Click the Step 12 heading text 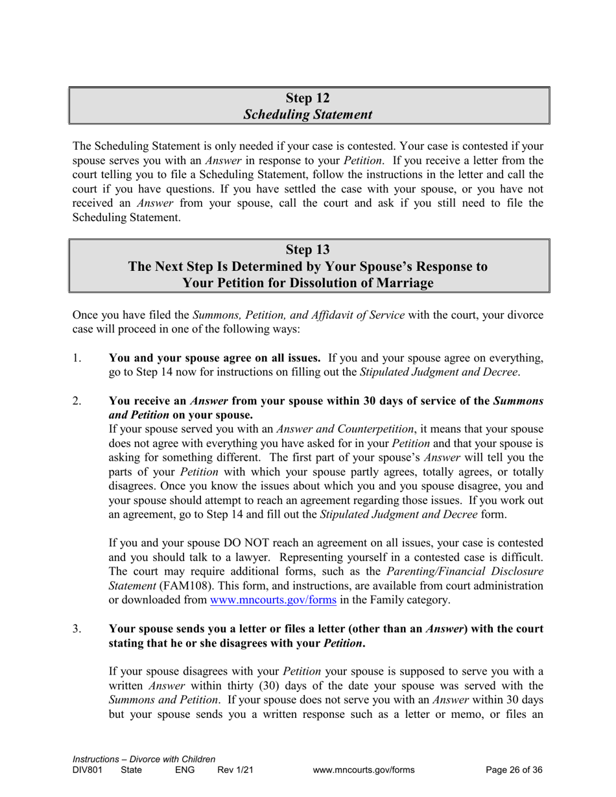[308, 98]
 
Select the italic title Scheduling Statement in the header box [308, 115]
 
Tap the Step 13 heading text [308, 249]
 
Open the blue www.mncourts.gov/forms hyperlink [273, 600]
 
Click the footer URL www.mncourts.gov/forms [363, 770]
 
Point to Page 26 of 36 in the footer [514, 770]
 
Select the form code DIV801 [88, 770]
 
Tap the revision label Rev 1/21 [235, 770]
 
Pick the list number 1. [77, 358]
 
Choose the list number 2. [77, 401]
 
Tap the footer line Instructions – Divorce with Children [144, 759]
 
